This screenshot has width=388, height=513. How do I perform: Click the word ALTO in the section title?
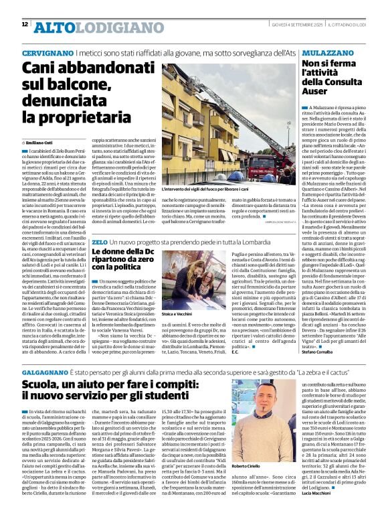point(52,27)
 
